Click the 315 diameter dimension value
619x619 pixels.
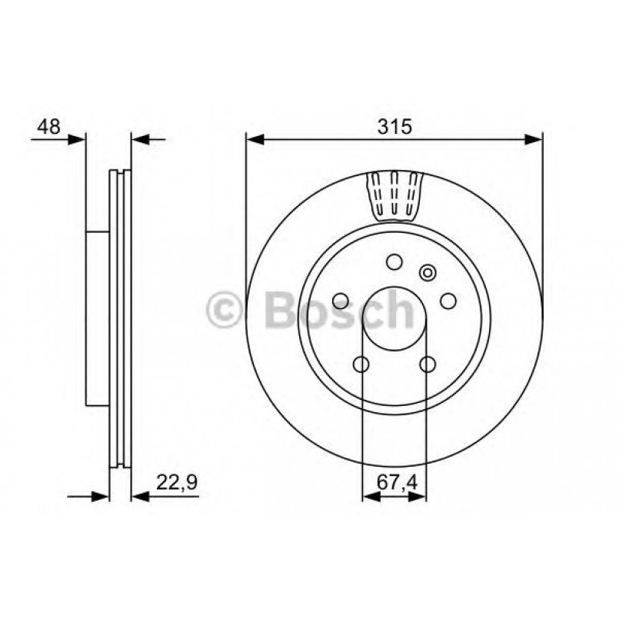[394, 125]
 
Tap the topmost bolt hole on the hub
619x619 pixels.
[394, 263]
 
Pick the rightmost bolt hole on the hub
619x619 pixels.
[448, 301]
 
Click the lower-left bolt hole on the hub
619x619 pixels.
[361, 364]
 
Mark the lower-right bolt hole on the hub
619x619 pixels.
[428, 364]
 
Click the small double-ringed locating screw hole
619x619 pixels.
[427, 272]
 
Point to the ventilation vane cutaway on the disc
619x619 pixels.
[394, 193]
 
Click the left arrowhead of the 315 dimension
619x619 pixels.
[255, 139]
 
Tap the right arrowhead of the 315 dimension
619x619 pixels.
[534, 139]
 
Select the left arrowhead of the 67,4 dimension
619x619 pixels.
[369, 497]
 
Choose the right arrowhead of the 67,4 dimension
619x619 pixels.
[418, 497]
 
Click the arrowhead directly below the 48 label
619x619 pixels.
[76, 139]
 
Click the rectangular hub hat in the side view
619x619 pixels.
[97, 318]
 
